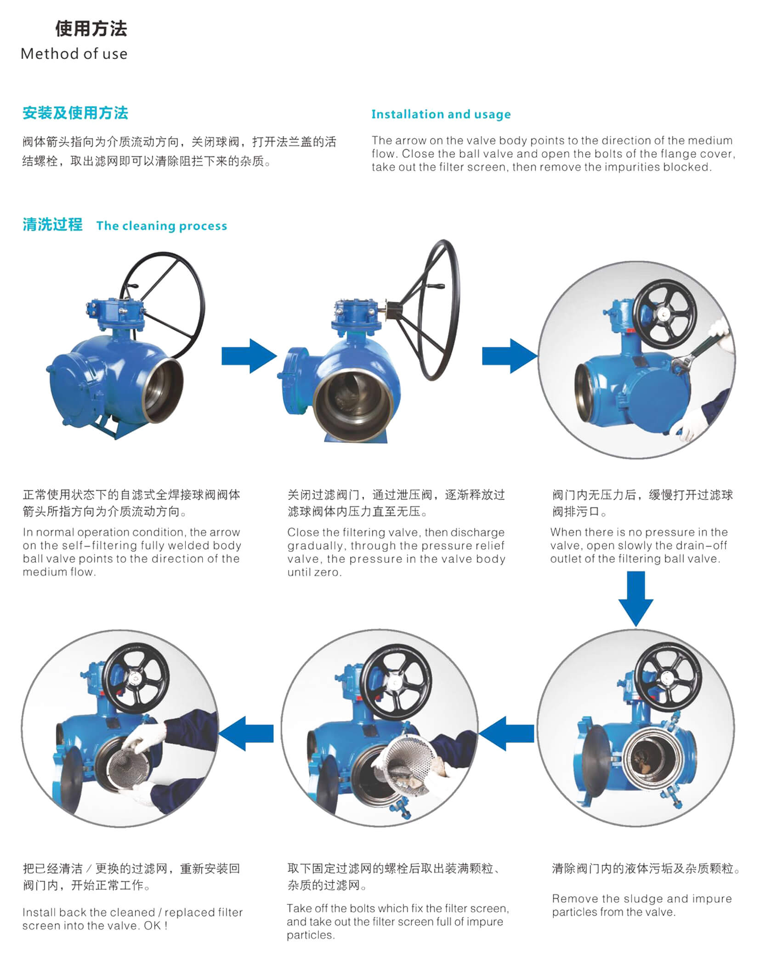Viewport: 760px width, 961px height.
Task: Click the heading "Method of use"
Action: (x=74, y=54)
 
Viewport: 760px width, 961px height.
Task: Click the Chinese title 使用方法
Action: (x=91, y=29)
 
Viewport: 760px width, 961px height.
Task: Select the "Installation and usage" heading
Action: (x=441, y=114)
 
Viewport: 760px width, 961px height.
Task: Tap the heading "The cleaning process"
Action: (x=162, y=226)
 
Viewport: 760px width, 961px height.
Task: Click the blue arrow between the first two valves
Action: (x=249, y=356)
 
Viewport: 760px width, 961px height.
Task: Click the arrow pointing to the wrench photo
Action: (x=510, y=356)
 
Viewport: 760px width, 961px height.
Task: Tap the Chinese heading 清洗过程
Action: (x=52, y=224)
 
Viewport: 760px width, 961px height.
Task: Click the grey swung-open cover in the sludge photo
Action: (x=592, y=762)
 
